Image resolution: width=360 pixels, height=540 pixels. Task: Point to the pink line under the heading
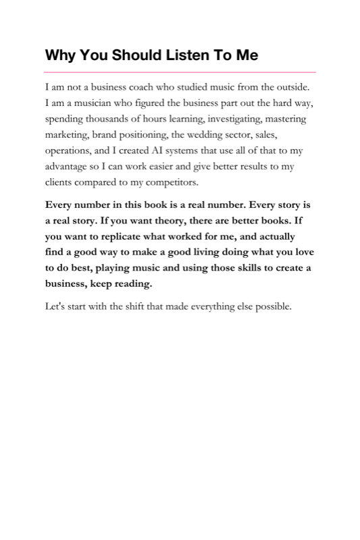pyautogui.click(x=180, y=72)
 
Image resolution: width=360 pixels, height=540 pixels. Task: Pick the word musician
pyautogui.click(x=84, y=103)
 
